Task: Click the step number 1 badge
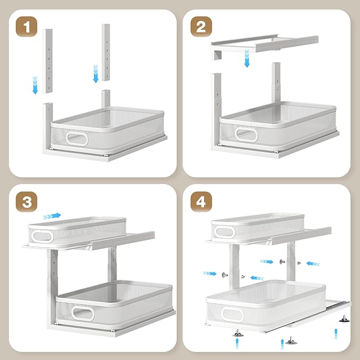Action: (x=27, y=27)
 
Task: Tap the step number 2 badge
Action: (x=201, y=27)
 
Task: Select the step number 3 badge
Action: (x=27, y=202)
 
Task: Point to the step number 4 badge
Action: (x=201, y=202)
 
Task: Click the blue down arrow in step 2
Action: (x=247, y=58)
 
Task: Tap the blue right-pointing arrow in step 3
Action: (x=52, y=216)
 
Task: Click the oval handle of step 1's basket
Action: (x=77, y=139)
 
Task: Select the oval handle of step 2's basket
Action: (x=246, y=135)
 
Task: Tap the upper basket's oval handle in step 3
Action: (x=42, y=236)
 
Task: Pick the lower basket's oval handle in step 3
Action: (x=83, y=313)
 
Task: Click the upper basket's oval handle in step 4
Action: (x=223, y=232)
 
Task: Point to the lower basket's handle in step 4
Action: (x=232, y=314)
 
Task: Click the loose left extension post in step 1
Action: (x=48, y=61)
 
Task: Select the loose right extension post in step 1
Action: (x=106, y=52)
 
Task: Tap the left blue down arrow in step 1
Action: (x=35, y=85)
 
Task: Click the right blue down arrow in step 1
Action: (x=96, y=74)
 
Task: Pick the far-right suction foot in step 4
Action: (x=345, y=319)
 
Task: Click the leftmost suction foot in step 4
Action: (x=238, y=333)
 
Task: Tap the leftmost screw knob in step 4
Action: (x=225, y=275)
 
